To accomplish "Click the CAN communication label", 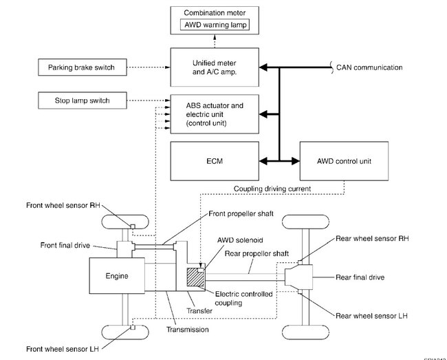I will (369, 67).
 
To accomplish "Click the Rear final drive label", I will (360, 277).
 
